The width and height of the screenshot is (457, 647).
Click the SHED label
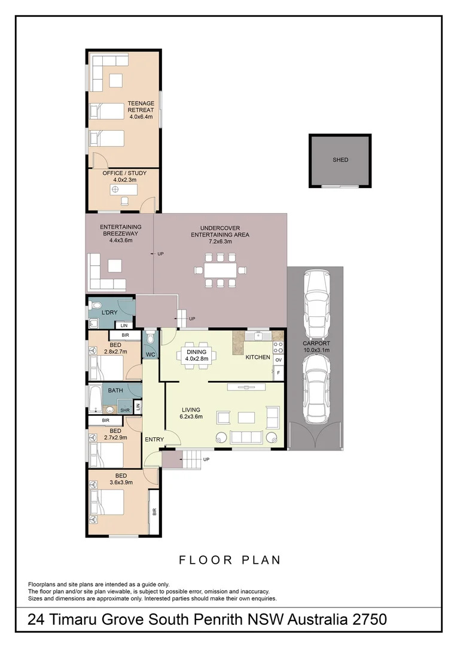340,160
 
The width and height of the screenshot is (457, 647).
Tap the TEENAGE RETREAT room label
141,110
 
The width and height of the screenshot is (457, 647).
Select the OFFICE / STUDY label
124,176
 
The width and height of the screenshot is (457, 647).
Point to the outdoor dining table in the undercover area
220,270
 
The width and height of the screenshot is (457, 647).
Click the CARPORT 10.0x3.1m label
316,347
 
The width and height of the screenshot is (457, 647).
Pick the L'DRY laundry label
109,313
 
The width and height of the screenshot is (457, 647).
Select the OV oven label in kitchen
278,359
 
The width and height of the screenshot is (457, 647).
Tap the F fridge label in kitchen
278,373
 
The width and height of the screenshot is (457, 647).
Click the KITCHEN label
258,358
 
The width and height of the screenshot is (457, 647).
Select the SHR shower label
124,410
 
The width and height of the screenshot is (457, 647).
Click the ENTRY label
154,440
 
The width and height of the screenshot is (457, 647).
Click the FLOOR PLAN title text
230,560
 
